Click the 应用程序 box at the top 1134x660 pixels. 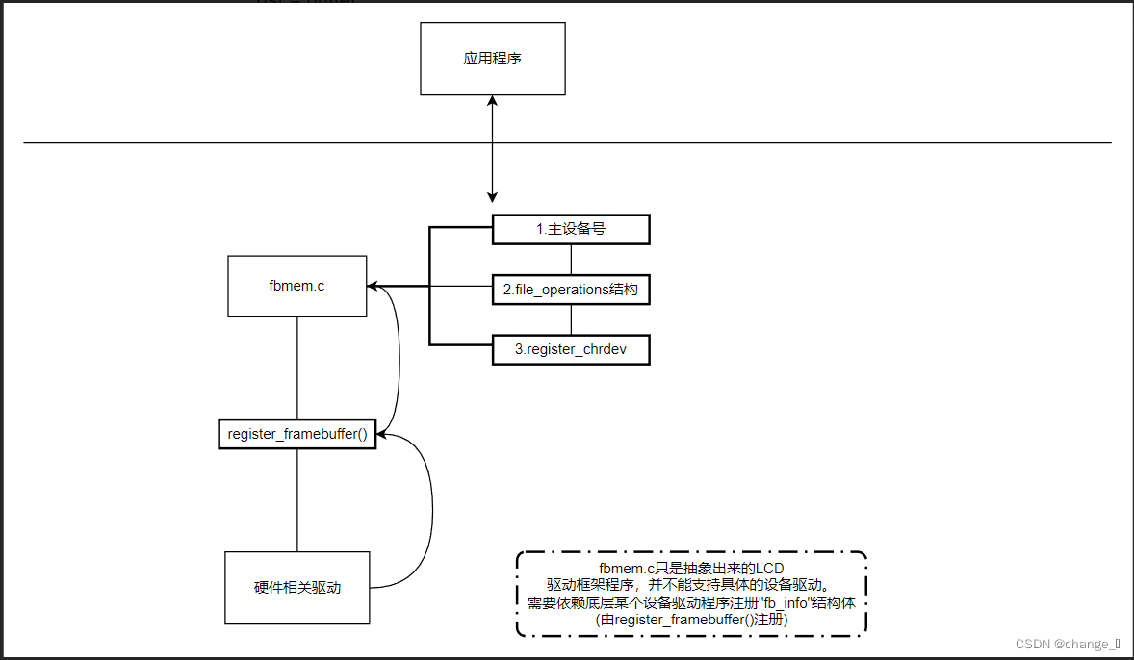pyautogui.click(x=492, y=59)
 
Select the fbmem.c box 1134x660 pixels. pyautogui.click(x=296, y=286)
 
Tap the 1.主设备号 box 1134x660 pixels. pyautogui.click(x=571, y=229)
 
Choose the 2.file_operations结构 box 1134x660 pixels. pyautogui.click(x=571, y=290)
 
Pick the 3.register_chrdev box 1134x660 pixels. pyautogui.click(x=571, y=349)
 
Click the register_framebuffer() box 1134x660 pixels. pyautogui.click(x=296, y=435)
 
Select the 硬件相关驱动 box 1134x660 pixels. pyautogui.click(x=296, y=587)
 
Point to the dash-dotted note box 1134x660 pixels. pyautogui.click(x=691, y=594)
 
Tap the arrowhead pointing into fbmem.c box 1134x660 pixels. pyautogui.click(x=374, y=287)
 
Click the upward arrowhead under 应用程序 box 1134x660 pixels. pyautogui.click(x=493, y=101)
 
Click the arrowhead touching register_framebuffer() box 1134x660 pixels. pyautogui.click(x=380, y=434)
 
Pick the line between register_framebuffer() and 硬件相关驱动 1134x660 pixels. pyautogui.click(x=296, y=500)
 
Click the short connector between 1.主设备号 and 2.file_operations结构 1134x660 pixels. pyautogui.click(x=572, y=259)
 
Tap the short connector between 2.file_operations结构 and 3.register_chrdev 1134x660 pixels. pyautogui.click(x=572, y=319)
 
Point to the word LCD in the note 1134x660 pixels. pyautogui.click(x=770, y=569)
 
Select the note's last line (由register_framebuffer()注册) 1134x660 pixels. pyautogui.click(x=691, y=621)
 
